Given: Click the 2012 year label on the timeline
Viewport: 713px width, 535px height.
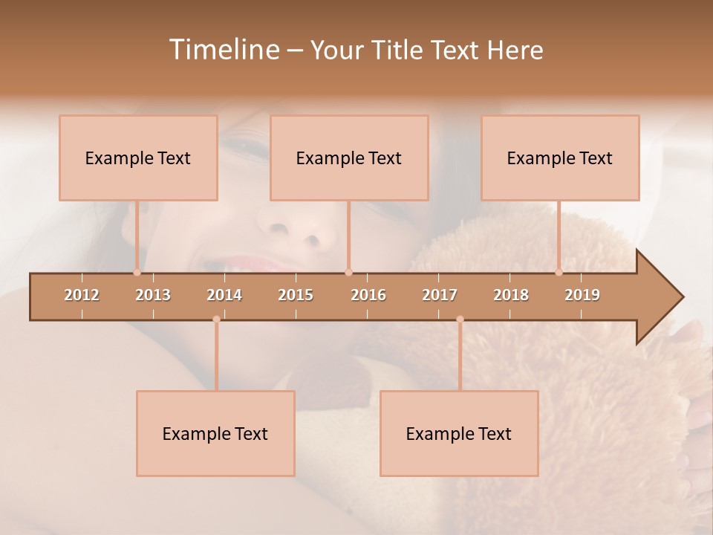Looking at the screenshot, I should pos(82,295).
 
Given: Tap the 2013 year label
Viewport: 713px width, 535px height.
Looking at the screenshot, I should pos(153,295).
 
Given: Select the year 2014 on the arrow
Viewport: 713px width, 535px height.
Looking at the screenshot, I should pos(224,295).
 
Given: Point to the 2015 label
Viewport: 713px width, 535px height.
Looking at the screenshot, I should pos(296,295).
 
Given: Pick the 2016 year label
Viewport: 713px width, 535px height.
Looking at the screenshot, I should pos(368,295).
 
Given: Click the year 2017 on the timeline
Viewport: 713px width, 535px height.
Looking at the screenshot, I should pos(440,295).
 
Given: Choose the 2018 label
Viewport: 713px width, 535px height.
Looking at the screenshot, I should pos(511,295).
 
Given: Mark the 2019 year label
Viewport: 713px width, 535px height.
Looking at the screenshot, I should pos(582,295).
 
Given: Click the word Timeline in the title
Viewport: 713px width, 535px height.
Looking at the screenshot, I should pos(224,50).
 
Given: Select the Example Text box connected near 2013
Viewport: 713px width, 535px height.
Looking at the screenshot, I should pos(138,158).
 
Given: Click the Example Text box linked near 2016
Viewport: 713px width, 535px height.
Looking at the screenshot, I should pos(349,158).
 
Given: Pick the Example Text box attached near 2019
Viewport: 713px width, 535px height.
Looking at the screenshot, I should pos(560,158).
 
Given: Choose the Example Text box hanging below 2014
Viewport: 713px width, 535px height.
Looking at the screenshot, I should pos(215,433).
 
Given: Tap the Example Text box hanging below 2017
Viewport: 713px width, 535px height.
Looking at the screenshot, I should pos(459,433).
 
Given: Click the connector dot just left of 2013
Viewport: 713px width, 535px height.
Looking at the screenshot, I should pos(137,273).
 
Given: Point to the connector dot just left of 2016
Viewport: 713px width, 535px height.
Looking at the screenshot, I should pos(348,273).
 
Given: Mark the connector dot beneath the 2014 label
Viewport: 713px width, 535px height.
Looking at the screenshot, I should pos(216,320).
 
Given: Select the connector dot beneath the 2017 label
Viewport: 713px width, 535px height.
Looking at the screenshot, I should pos(460,320).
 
